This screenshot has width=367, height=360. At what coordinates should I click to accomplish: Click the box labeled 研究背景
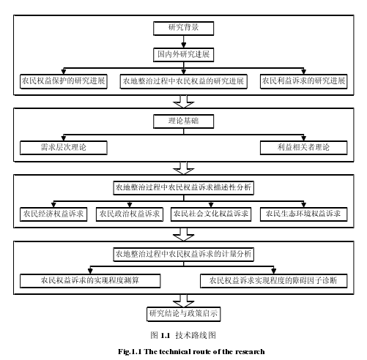(x=183, y=29)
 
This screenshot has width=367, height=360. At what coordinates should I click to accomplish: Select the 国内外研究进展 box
(x=183, y=55)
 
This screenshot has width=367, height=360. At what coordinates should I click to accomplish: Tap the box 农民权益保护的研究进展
(x=64, y=81)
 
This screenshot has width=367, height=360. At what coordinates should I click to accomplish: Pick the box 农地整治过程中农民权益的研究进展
(x=183, y=81)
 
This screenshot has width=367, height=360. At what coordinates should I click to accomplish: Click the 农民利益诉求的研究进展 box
(x=303, y=81)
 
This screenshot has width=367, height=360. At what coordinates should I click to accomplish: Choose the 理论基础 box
(x=183, y=121)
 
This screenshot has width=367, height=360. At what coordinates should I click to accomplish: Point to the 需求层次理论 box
(x=64, y=148)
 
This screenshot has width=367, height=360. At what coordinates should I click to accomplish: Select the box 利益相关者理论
(x=303, y=148)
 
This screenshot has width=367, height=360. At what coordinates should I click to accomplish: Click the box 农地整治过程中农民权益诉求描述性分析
(x=183, y=188)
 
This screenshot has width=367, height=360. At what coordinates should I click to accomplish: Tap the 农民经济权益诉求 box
(x=53, y=214)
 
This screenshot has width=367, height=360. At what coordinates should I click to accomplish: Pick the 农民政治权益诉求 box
(x=130, y=214)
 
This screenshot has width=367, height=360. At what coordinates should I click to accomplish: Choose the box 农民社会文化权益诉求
(x=211, y=214)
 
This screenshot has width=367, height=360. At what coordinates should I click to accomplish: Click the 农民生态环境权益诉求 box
(x=303, y=214)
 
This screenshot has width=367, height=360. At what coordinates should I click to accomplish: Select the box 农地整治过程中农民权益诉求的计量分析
(x=183, y=255)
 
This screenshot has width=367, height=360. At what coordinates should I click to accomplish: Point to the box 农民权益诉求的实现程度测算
(x=90, y=281)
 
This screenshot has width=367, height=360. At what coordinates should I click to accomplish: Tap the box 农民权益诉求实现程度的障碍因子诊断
(x=273, y=281)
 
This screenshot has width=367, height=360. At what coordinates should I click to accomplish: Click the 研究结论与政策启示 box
(x=183, y=314)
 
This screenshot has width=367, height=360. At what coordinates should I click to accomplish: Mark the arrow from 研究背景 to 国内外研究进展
(x=183, y=42)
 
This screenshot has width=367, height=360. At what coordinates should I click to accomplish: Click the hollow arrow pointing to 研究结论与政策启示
(x=183, y=301)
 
